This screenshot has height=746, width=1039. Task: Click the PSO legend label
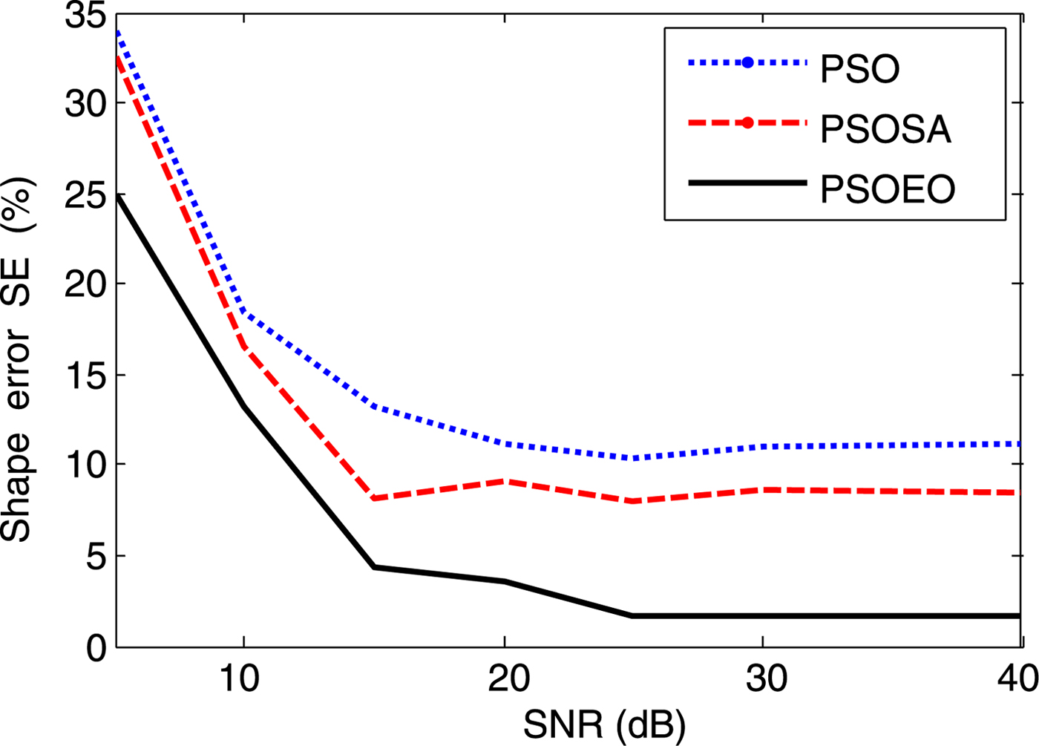pos(859,69)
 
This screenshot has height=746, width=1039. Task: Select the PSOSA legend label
pos(885,129)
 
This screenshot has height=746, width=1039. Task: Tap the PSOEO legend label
pos(887,190)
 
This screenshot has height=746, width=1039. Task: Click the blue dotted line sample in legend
pos(747,63)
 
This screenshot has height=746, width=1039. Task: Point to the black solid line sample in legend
pos(747,183)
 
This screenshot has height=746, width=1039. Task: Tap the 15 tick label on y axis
pos(85,374)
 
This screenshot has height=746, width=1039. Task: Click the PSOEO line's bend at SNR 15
pos(374,567)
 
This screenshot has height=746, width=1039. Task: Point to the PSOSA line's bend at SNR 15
pos(374,498)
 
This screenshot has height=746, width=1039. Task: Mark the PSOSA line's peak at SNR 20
pos(505,482)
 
